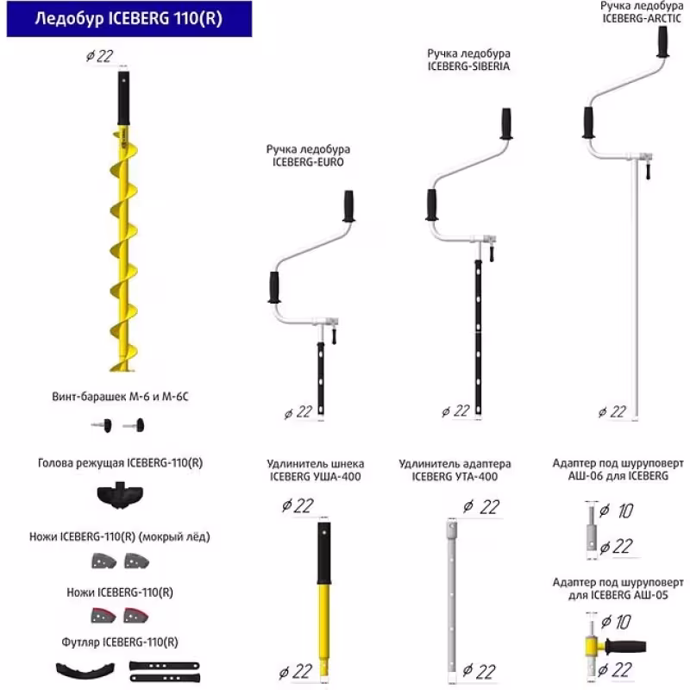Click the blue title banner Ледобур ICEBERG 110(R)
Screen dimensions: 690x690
click(128, 19)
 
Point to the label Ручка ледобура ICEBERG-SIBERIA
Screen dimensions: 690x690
click(464, 60)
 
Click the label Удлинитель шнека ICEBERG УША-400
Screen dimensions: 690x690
click(314, 470)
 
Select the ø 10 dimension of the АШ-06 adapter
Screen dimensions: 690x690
click(617, 511)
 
